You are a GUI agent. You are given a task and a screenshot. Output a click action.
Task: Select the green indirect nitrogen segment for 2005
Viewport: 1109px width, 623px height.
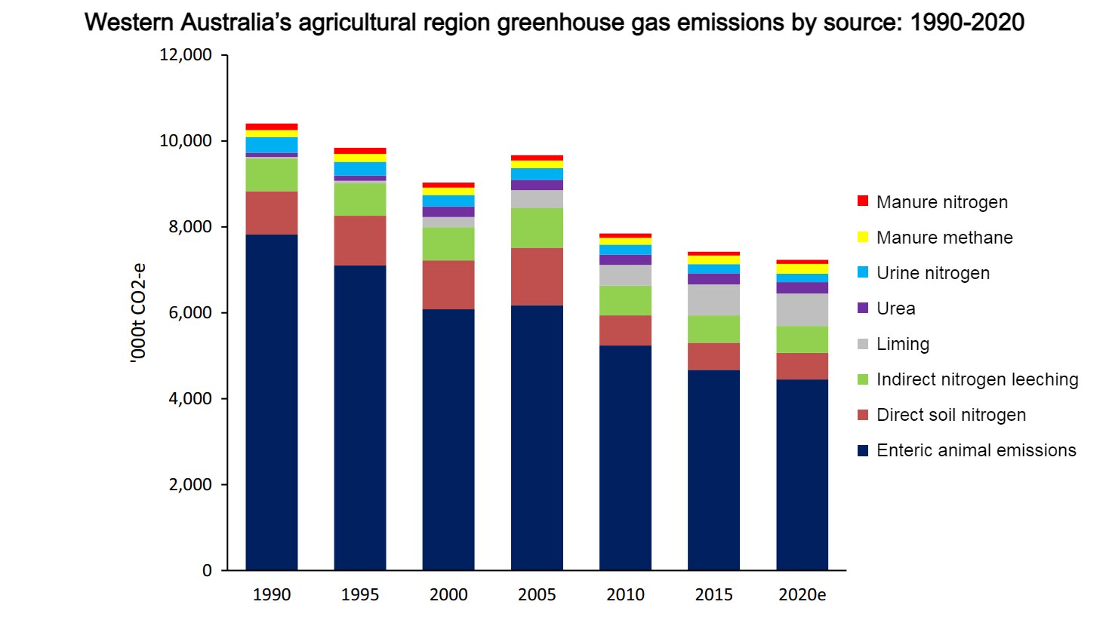(537, 228)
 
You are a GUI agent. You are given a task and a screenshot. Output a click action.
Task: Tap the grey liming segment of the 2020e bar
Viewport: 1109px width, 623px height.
(802, 309)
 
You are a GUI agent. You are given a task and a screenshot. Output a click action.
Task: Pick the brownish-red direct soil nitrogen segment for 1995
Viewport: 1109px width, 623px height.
(360, 241)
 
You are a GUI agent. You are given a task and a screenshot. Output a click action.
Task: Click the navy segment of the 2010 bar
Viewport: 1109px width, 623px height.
(625, 457)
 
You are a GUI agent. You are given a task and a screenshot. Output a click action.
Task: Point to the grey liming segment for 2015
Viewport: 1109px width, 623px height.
(713, 299)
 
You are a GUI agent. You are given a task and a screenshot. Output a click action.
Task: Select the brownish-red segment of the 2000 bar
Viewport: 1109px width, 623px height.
(448, 284)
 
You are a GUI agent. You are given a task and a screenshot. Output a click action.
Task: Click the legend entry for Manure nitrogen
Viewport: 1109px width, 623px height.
(941, 202)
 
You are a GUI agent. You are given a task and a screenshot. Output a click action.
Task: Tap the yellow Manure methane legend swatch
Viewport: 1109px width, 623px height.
(863, 238)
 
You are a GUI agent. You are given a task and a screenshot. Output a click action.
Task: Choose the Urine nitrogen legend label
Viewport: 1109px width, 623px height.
(932, 273)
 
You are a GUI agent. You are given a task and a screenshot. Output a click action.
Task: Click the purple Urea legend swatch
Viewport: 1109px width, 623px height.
(863, 308)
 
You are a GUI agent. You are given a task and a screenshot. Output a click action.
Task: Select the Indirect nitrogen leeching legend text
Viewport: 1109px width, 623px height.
(977, 379)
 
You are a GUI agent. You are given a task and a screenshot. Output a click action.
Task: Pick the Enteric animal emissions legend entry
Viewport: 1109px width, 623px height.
(975, 450)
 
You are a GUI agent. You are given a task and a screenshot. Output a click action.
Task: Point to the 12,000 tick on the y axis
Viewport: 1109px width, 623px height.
(186, 55)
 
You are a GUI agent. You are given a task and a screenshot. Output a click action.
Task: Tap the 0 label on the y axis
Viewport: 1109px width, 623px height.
(207, 571)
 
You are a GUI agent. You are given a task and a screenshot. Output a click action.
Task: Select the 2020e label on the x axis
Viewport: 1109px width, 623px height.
(802, 595)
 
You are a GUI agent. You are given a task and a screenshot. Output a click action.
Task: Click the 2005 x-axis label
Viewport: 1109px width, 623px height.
(537, 595)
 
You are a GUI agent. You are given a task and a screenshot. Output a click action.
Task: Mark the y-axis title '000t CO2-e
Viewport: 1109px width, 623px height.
(138, 313)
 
